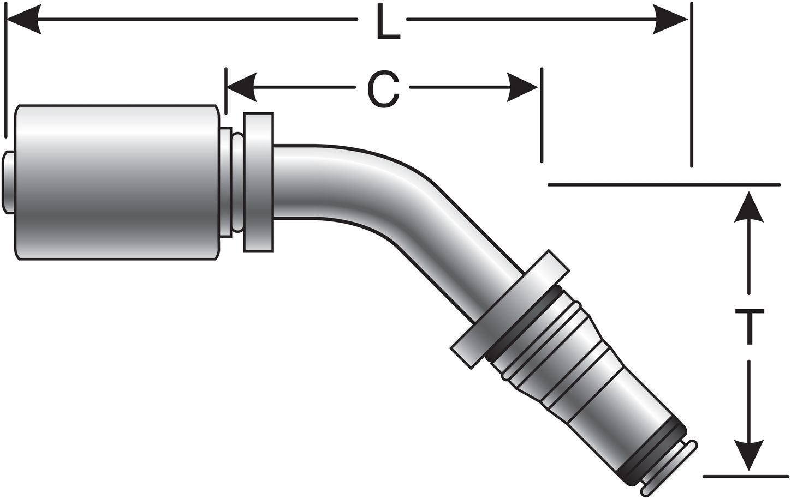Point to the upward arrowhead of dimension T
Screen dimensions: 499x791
pos(748,208)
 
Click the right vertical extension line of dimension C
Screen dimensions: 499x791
pos(542,115)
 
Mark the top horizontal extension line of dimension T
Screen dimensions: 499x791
pos(663,184)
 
